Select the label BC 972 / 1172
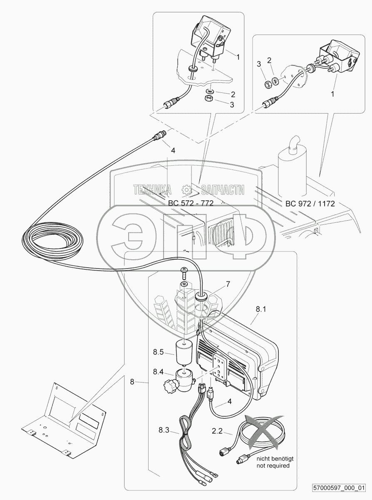310,204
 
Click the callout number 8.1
261,309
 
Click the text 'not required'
273,465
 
